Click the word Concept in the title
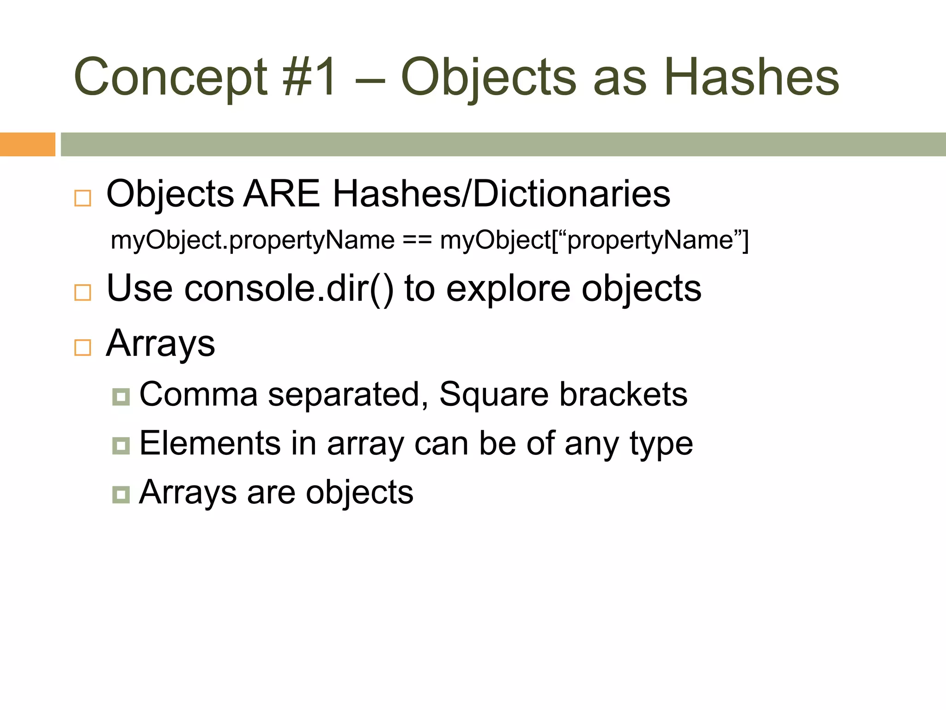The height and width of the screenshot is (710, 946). click(170, 78)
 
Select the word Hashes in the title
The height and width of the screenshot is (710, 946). click(751, 78)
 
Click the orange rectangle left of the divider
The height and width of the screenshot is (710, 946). click(27, 144)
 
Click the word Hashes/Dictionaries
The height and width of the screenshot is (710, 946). click(501, 194)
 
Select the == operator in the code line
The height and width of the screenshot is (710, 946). click(417, 240)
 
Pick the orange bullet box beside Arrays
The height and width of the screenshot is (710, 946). click(83, 347)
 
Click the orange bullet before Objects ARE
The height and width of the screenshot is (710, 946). click(83, 198)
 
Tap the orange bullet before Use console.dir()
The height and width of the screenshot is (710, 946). click(83, 292)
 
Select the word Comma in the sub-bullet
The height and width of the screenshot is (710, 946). click(198, 394)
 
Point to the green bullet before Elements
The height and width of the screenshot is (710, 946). click(121, 446)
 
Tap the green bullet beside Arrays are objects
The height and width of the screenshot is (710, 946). click(121, 495)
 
